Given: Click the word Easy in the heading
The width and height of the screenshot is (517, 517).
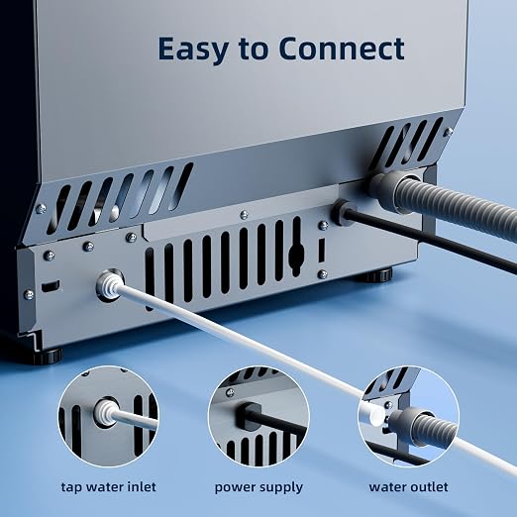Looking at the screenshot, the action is click(x=193, y=50).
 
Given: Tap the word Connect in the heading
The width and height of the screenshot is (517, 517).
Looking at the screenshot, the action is click(x=342, y=49).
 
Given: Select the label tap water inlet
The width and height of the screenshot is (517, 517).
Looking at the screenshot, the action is click(x=109, y=487).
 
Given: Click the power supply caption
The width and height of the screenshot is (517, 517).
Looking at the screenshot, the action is click(x=258, y=487).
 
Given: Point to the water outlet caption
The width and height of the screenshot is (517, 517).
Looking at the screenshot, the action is click(x=408, y=487).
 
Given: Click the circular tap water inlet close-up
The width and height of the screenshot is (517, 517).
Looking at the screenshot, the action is click(x=109, y=416).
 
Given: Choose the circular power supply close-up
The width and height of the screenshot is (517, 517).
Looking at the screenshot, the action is click(x=258, y=416).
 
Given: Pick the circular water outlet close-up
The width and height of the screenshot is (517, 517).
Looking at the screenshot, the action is click(x=408, y=416).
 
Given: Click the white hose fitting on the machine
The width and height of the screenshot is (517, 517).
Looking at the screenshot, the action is click(x=109, y=285).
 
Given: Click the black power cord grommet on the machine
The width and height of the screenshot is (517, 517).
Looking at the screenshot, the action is click(x=344, y=213).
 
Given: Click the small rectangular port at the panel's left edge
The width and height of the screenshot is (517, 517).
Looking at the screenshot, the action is click(x=51, y=286).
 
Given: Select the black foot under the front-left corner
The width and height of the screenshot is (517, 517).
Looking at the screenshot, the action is click(x=47, y=356).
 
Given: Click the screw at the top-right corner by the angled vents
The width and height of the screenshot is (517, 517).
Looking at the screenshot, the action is click(x=448, y=133).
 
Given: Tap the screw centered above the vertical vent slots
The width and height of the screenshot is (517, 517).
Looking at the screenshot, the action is click(x=244, y=215).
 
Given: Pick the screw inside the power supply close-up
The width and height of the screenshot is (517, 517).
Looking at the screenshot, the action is click(x=231, y=393).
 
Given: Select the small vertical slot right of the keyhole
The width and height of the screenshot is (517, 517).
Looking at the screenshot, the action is click(x=321, y=251).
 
